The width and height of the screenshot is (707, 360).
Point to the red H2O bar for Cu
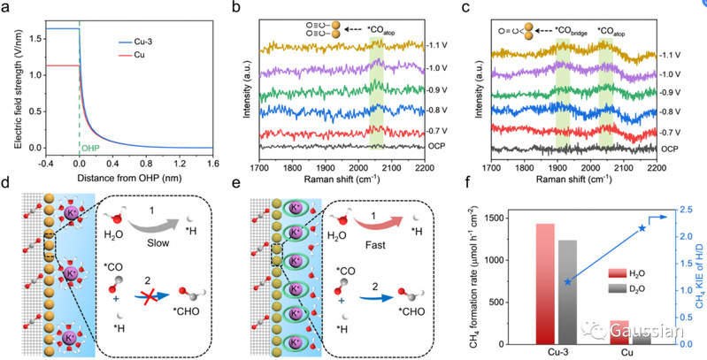[x=619, y=333]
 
